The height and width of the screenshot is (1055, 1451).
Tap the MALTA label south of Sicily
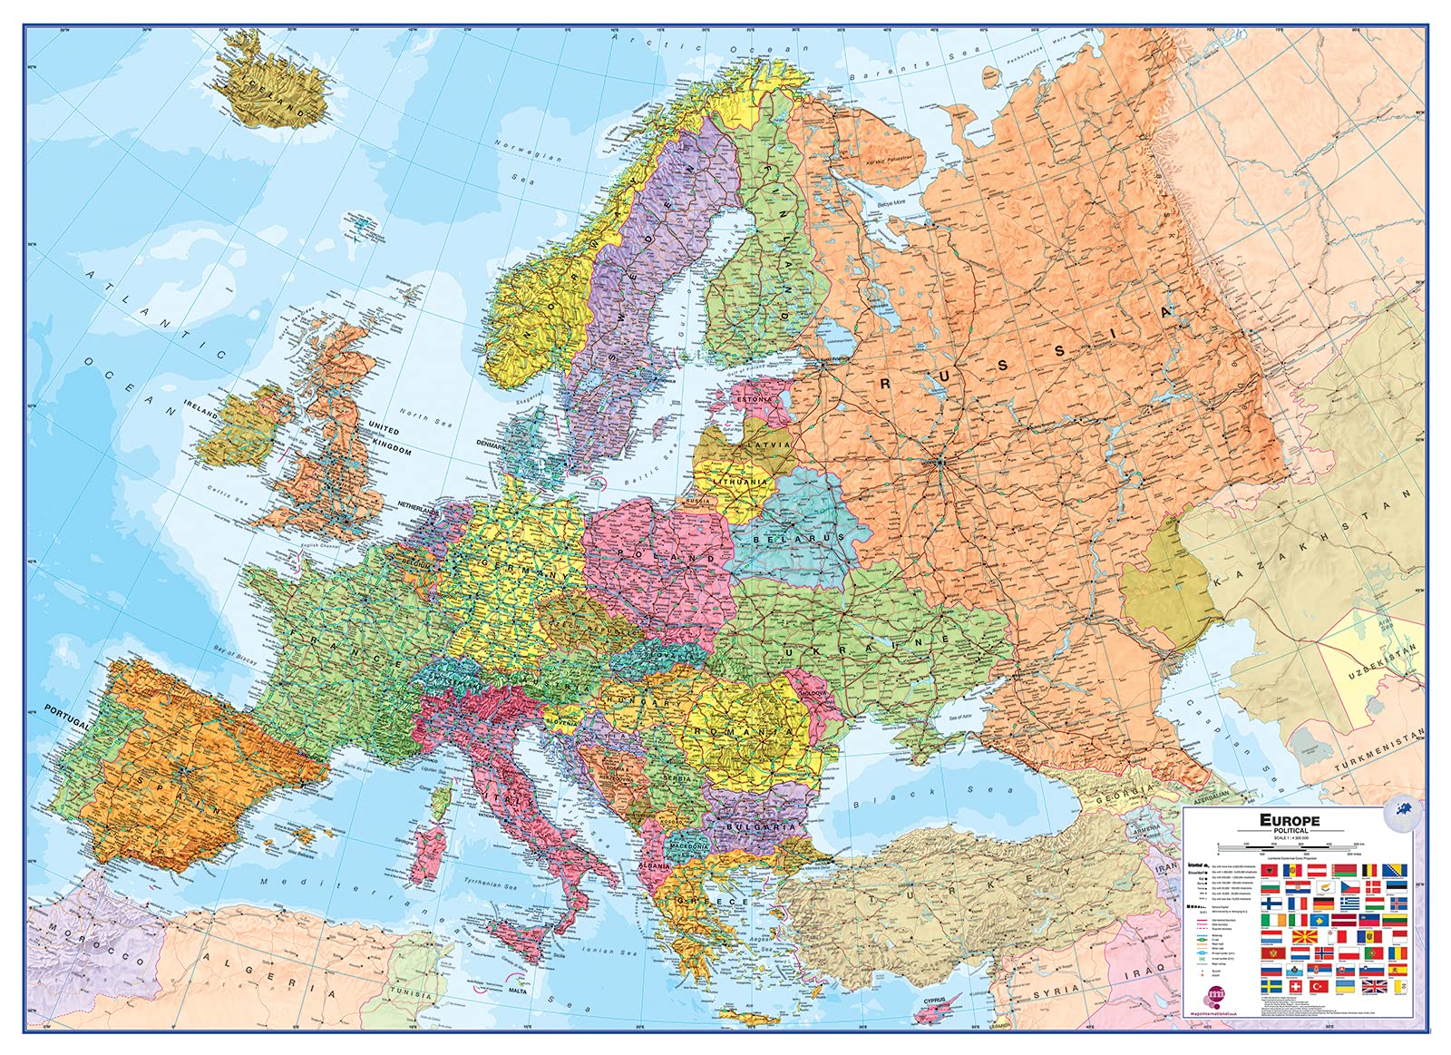(x=518, y=991)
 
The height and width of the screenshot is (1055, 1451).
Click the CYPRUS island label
(x=934, y=1001)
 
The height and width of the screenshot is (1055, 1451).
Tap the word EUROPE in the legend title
(x=1290, y=820)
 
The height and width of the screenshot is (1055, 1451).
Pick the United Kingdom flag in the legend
(x=1375, y=986)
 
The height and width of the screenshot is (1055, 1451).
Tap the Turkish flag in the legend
(x=1319, y=986)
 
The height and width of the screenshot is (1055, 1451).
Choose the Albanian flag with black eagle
(x=1270, y=870)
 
